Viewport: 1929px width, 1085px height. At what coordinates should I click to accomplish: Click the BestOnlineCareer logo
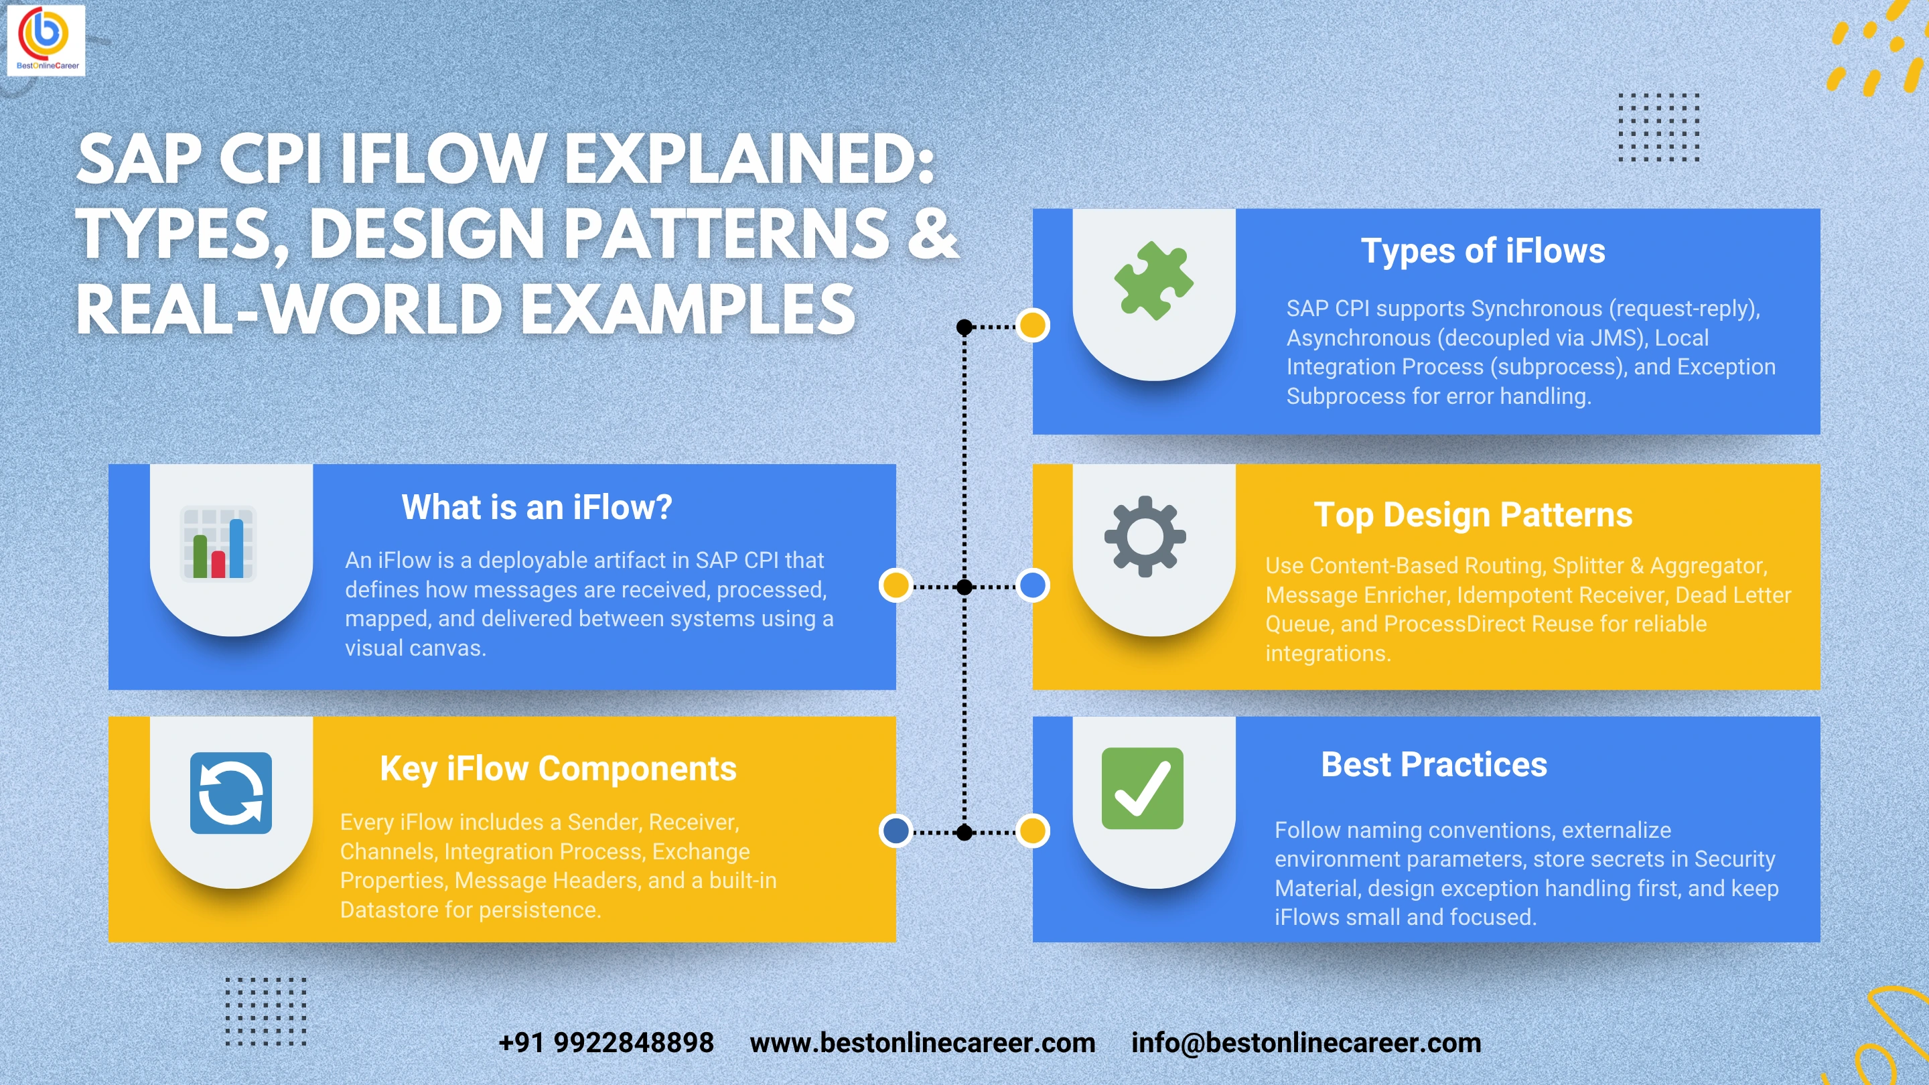(46, 40)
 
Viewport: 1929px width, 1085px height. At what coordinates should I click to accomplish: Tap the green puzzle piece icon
(1153, 281)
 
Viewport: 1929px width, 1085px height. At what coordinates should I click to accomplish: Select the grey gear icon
(1145, 536)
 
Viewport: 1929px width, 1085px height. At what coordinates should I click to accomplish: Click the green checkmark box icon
(1142, 788)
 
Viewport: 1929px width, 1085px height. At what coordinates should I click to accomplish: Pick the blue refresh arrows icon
(230, 793)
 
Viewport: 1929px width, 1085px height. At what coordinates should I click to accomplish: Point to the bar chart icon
(218, 544)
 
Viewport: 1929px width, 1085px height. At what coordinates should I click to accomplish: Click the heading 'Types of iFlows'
(1483, 251)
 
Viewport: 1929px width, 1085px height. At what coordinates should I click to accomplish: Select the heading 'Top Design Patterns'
(1473, 515)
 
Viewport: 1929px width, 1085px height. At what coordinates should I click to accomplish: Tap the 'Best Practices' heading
(1434, 764)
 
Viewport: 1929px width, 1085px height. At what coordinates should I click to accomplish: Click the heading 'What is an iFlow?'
(537, 508)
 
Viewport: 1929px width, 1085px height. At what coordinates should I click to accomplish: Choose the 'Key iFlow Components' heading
(558, 769)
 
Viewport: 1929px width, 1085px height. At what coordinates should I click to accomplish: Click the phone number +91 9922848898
(605, 1042)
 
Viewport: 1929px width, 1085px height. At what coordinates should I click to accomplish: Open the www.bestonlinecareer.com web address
(922, 1042)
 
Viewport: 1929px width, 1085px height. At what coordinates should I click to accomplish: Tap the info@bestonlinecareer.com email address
(1306, 1042)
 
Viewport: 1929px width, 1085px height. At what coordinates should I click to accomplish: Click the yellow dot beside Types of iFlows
(1033, 325)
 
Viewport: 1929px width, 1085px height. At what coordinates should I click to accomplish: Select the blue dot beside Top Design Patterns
(1033, 585)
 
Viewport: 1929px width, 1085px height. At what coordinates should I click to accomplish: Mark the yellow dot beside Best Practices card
(1033, 830)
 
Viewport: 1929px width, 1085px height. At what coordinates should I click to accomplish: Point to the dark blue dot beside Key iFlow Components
(896, 830)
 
